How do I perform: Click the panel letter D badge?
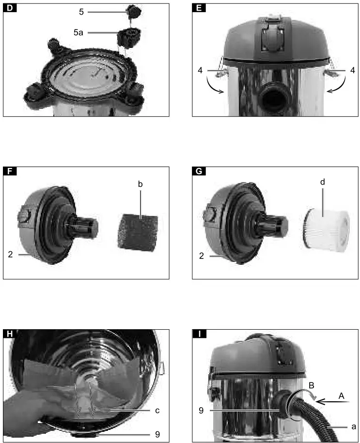tap(10, 8)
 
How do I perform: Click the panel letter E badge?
tap(199, 8)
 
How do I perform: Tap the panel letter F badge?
tap(10, 171)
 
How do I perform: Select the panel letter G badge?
tap(199, 171)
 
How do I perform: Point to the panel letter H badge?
tap(10, 334)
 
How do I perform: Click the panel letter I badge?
tap(199, 334)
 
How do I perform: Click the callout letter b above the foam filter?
tap(140, 184)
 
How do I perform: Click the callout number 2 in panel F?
tap(10, 254)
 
